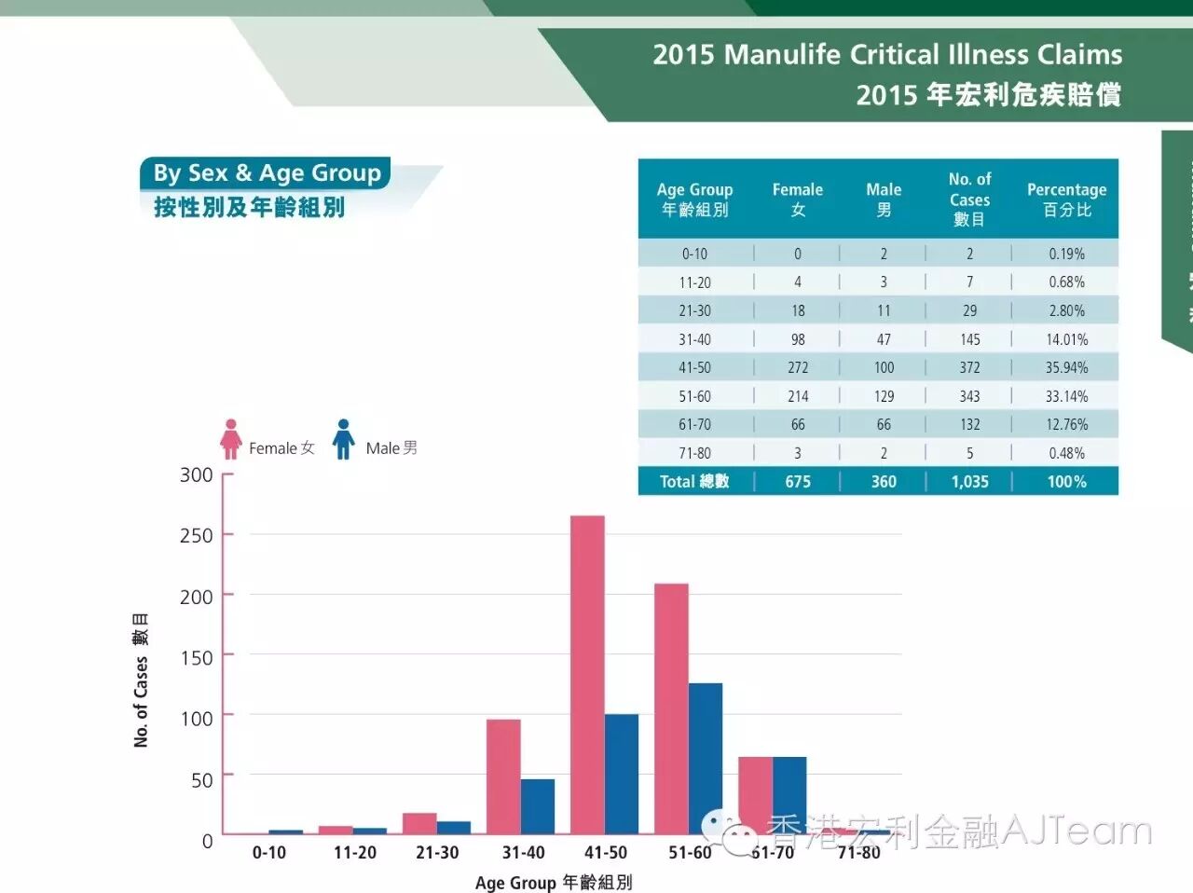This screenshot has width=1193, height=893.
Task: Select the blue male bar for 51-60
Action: point(706,758)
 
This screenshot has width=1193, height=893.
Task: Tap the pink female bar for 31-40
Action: point(503,776)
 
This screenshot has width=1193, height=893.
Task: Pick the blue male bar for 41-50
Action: point(622,774)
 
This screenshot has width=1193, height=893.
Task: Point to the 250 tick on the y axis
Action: point(196,536)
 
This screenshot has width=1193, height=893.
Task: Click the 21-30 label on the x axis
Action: point(437,853)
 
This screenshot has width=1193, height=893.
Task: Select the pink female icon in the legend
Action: point(231,439)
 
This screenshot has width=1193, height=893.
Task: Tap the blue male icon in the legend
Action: point(344,439)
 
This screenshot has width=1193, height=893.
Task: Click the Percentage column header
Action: point(1066,199)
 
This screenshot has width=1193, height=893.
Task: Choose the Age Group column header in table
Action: point(694,199)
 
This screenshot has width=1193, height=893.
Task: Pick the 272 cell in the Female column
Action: point(798,368)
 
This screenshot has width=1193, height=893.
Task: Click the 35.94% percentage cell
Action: point(1066,368)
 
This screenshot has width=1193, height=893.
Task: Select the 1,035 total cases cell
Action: point(969,482)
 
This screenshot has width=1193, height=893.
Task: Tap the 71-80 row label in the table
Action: point(694,453)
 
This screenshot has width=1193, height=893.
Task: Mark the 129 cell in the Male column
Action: point(884,396)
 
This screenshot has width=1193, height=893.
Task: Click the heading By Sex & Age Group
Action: point(267,173)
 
